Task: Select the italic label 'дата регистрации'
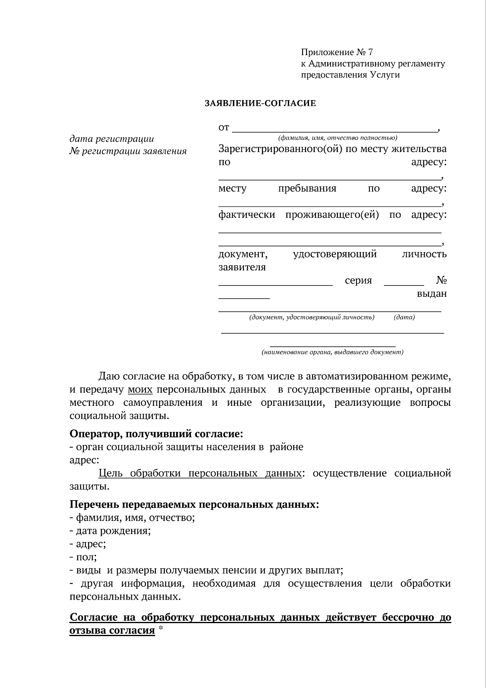pyautogui.click(x=112, y=139)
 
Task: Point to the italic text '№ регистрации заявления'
pyautogui.click(x=128, y=152)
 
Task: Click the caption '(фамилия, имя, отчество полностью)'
pyautogui.click(x=335, y=137)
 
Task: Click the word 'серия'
pyautogui.click(x=358, y=281)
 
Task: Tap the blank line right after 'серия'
pyautogui.click(x=403, y=283)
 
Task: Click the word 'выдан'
pyautogui.click(x=432, y=294)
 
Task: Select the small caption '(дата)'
pyautogui.click(x=404, y=317)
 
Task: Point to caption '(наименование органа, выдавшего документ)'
pyautogui.click(x=332, y=352)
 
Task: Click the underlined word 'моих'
pyautogui.click(x=140, y=390)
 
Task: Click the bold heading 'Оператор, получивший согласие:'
pyautogui.click(x=156, y=434)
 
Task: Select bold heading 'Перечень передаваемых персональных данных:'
pyautogui.click(x=194, y=505)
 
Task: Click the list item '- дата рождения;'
pyautogui.click(x=110, y=531)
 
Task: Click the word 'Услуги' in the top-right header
pyautogui.click(x=385, y=75)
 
